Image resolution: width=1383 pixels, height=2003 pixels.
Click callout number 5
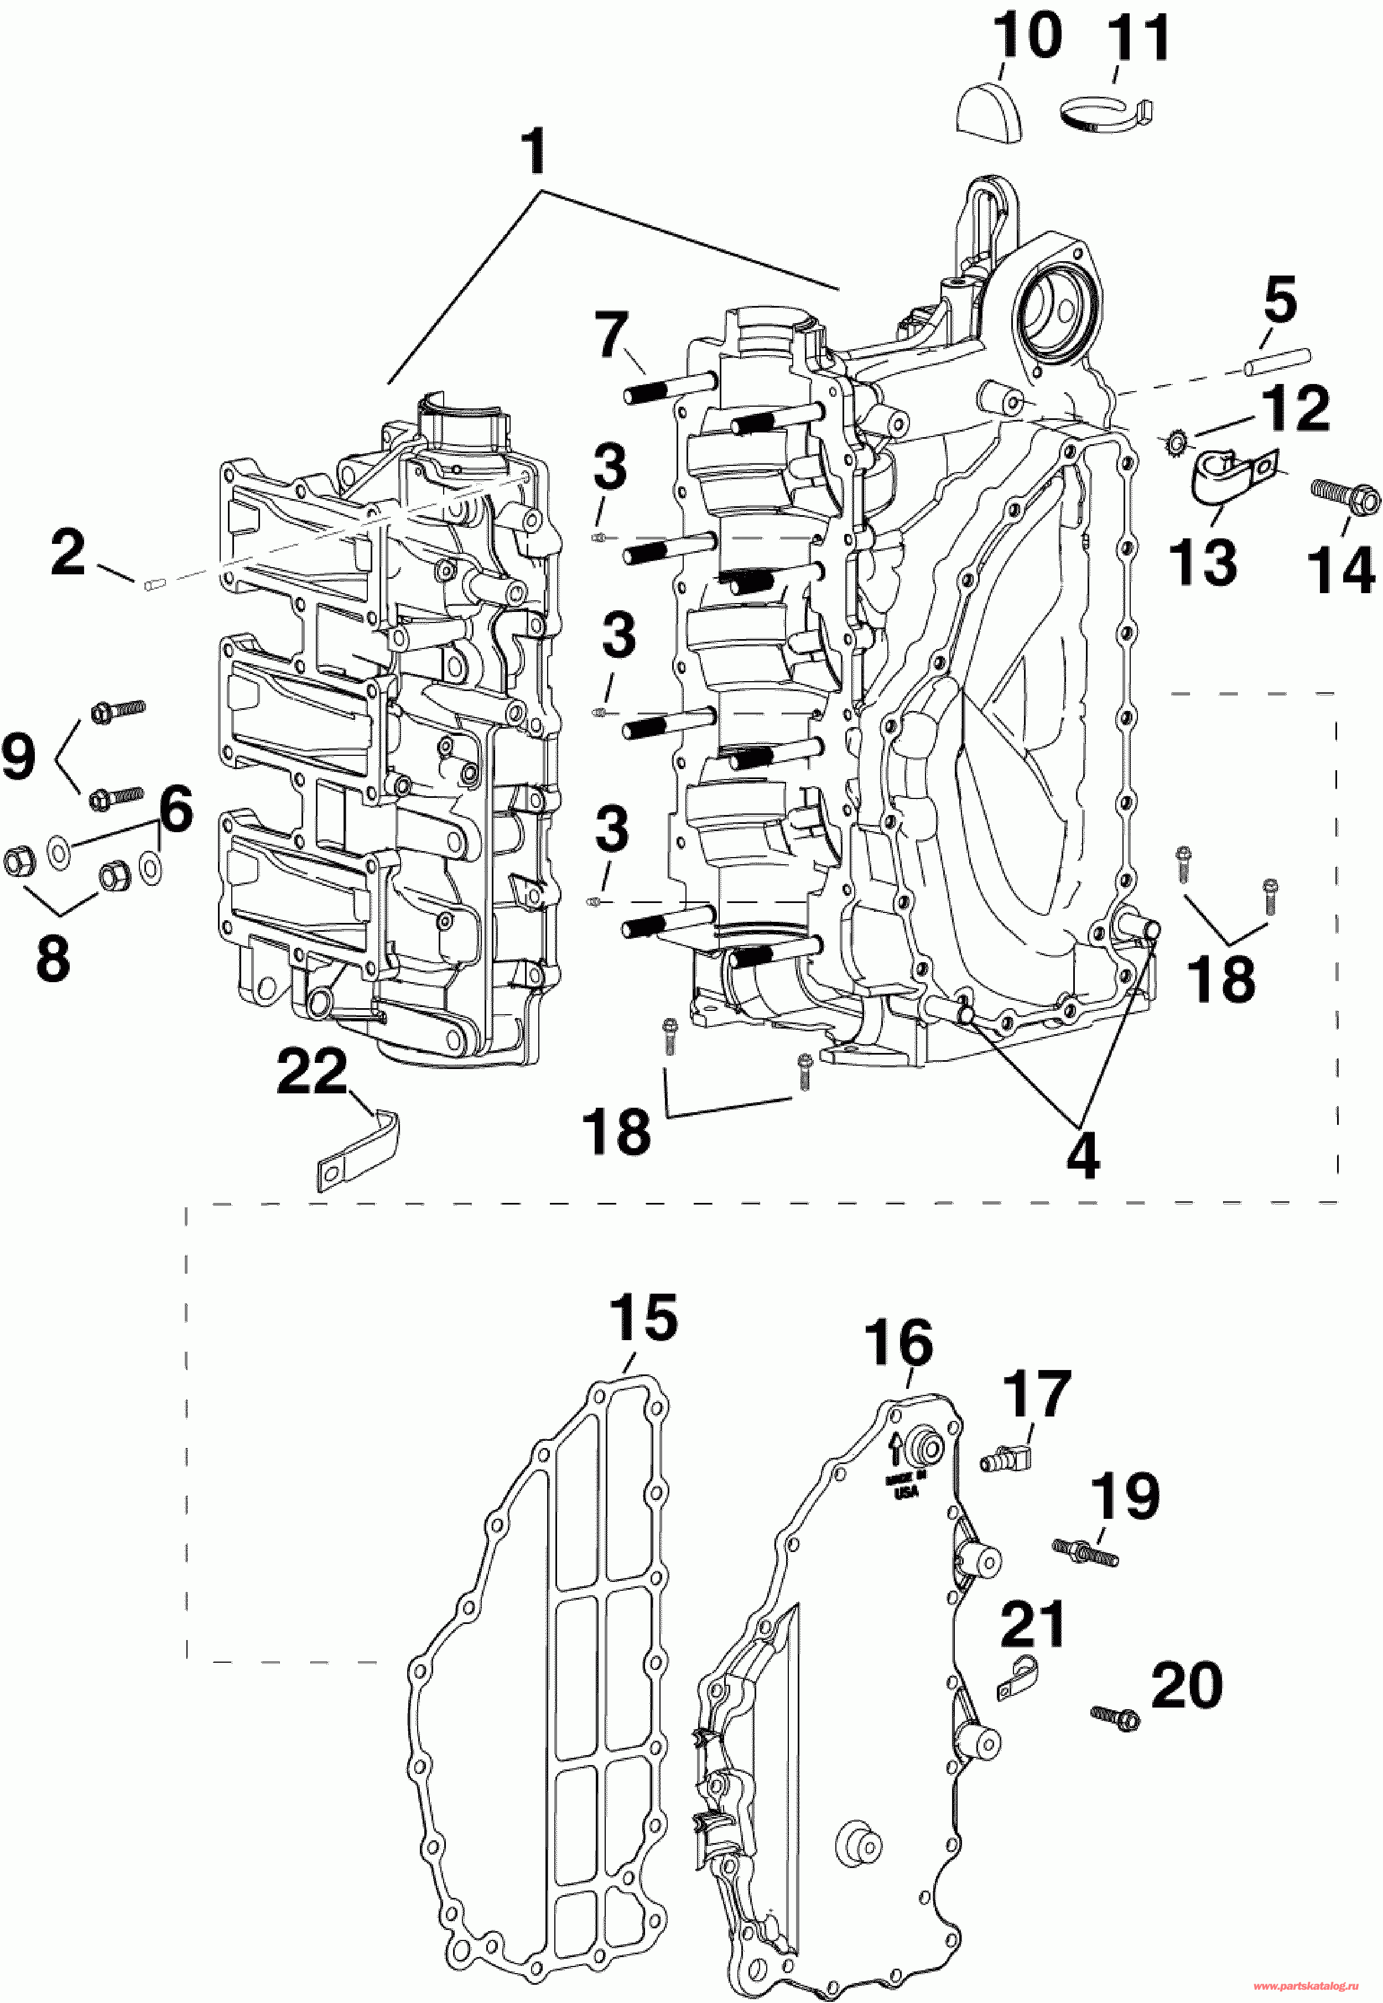[x=1280, y=301]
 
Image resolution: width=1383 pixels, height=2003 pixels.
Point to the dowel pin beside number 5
[x=1278, y=362]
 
